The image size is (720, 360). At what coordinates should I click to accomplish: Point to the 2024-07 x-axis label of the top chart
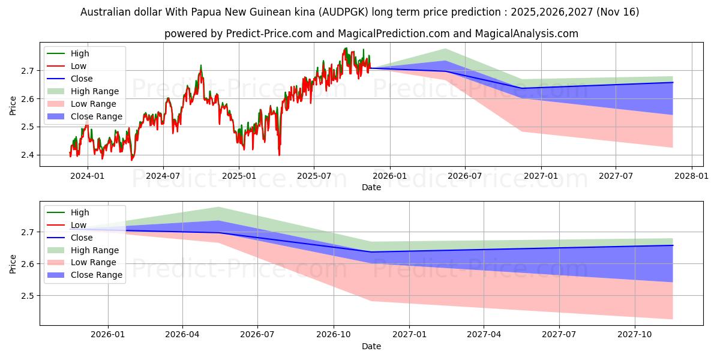[163, 176]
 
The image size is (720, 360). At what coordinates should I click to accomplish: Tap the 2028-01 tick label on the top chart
[691, 176]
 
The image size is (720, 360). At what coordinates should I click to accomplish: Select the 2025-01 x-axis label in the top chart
[239, 176]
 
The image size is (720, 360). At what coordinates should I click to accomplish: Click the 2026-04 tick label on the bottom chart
[182, 335]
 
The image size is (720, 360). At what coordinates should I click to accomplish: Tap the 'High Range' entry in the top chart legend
[95, 91]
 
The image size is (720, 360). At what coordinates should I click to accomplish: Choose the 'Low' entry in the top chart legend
[79, 66]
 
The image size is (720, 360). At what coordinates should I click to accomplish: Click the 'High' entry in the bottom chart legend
[80, 212]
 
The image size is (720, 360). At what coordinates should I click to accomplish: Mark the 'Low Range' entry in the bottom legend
[94, 262]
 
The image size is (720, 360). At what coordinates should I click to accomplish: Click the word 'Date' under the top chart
[371, 187]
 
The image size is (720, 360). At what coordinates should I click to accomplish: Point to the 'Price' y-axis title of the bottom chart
[13, 263]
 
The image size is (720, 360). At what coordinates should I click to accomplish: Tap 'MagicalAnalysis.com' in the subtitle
[527, 34]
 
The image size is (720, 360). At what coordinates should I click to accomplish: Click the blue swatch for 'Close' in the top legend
[56, 79]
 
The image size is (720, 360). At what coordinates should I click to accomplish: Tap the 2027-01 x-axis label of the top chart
[541, 176]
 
